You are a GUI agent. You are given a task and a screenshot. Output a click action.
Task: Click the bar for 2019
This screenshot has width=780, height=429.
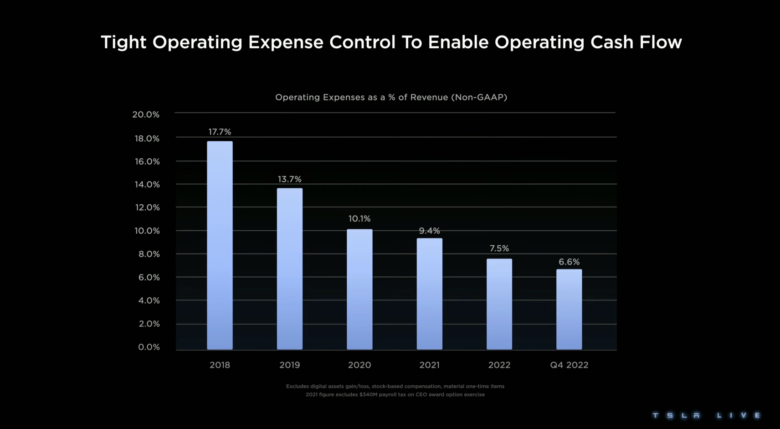290,269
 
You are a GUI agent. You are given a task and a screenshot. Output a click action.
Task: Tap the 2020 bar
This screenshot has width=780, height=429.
359,289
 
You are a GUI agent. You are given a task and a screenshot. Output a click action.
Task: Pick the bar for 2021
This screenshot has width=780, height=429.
429,294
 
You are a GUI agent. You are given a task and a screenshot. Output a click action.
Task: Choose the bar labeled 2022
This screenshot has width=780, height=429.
499,304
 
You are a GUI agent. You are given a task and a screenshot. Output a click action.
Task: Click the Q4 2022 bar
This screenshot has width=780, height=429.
569,310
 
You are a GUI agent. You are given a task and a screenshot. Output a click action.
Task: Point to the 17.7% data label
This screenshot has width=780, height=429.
220,132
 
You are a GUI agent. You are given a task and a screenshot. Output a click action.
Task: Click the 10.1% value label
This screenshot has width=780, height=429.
359,219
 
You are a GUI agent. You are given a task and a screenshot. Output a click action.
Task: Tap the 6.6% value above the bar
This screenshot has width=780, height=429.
569,262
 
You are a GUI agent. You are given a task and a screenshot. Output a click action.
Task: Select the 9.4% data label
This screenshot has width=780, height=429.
429,231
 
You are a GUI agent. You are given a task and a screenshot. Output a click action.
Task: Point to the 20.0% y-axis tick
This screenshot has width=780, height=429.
146,114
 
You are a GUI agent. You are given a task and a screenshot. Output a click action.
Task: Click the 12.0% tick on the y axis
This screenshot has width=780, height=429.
147,207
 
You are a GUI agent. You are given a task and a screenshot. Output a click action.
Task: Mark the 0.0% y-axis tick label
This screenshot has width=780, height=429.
149,347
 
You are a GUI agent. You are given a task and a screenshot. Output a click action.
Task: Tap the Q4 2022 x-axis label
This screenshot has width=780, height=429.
569,365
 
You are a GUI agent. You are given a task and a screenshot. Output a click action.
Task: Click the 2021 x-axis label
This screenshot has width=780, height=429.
429,365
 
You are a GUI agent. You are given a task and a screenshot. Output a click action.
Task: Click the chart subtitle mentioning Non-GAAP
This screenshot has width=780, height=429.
391,97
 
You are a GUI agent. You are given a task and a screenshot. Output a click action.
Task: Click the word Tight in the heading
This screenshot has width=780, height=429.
123,42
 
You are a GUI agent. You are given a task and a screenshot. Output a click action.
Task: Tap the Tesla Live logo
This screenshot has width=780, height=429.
706,415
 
